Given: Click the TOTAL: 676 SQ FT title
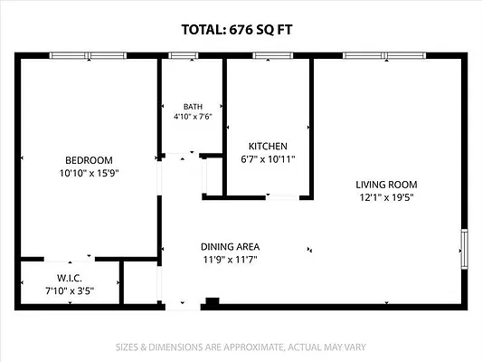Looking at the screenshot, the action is click(x=237, y=30).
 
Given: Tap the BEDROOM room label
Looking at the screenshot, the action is click(x=89, y=160).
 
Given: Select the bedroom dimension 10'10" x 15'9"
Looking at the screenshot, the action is click(x=89, y=173).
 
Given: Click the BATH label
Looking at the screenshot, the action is click(x=193, y=107).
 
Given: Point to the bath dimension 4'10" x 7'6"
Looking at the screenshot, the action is click(x=193, y=117).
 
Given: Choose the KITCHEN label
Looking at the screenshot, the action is click(x=268, y=146).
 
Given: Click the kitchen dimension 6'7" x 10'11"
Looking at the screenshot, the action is click(x=268, y=159).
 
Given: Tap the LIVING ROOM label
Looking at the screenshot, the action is click(x=386, y=185).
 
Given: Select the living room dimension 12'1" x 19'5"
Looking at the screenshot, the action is click(x=386, y=197).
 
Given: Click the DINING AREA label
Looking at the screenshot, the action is click(x=230, y=247).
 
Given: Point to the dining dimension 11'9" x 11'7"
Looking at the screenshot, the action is click(x=230, y=260).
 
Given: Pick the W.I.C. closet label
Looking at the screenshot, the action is click(x=70, y=278).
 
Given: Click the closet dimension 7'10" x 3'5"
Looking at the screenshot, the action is click(x=70, y=291).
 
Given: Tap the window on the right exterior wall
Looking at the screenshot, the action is click(x=464, y=249).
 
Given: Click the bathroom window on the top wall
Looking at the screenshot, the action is click(x=184, y=55).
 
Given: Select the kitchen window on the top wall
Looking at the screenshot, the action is click(x=273, y=55).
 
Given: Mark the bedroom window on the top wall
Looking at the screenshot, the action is click(x=88, y=55).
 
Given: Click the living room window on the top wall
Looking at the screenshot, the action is click(x=384, y=55).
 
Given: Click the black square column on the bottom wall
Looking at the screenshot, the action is click(x=213, y=301).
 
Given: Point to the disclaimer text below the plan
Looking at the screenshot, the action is click(x=241, y=348).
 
